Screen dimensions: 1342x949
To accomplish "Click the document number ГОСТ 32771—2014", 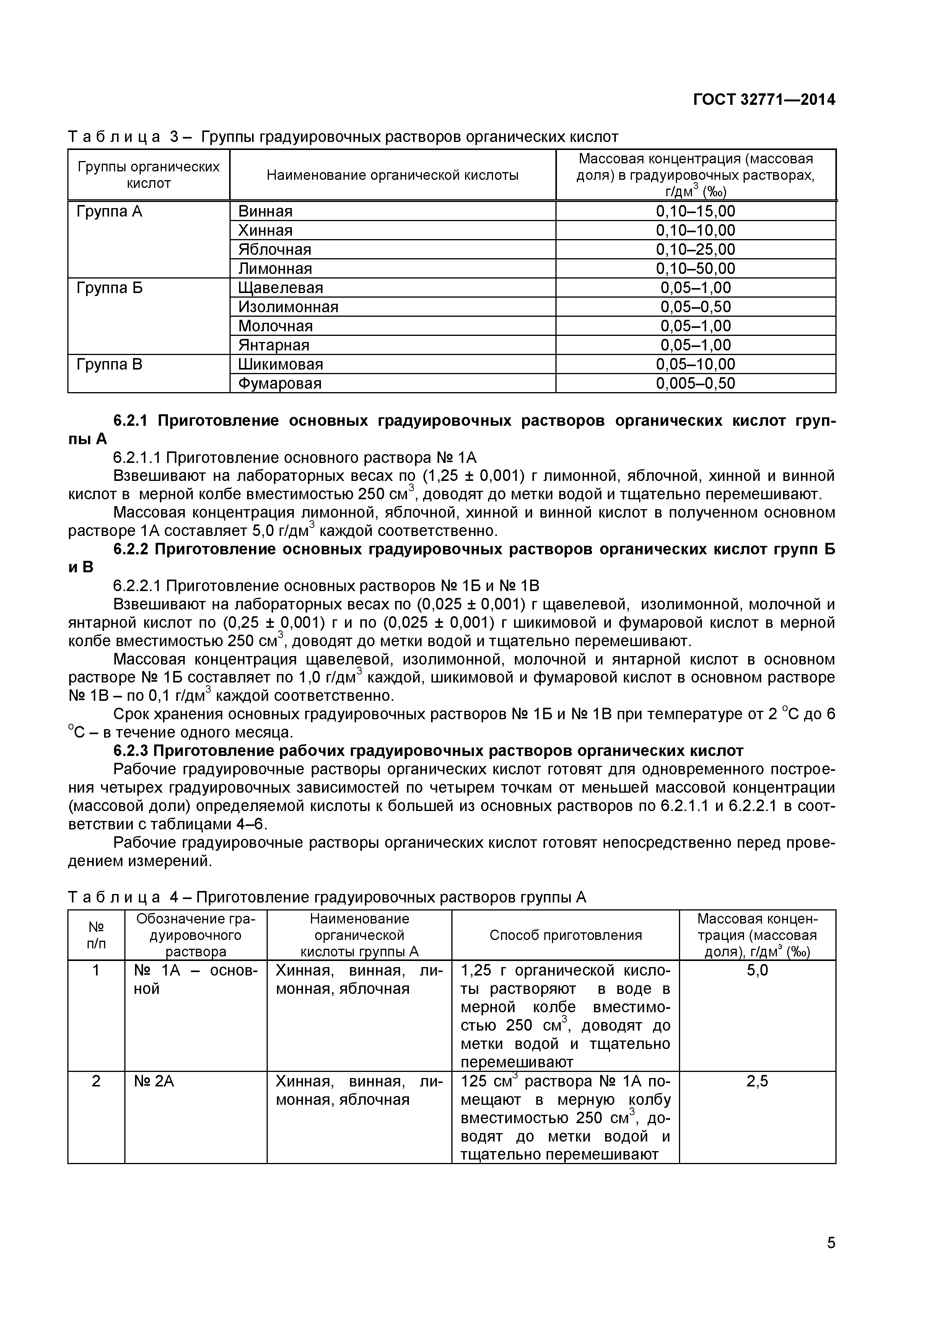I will (764, 100).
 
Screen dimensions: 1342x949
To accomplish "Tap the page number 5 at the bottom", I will (831, 1259).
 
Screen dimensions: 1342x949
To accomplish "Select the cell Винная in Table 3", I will (265, 212).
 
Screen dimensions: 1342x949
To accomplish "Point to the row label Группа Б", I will (109, 288).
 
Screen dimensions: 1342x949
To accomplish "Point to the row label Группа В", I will (109, 365).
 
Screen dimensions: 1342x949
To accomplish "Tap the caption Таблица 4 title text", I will (327, 897).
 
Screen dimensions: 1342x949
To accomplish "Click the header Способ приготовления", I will (565, 935).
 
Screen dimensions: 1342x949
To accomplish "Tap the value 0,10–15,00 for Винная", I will (695, 212).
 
